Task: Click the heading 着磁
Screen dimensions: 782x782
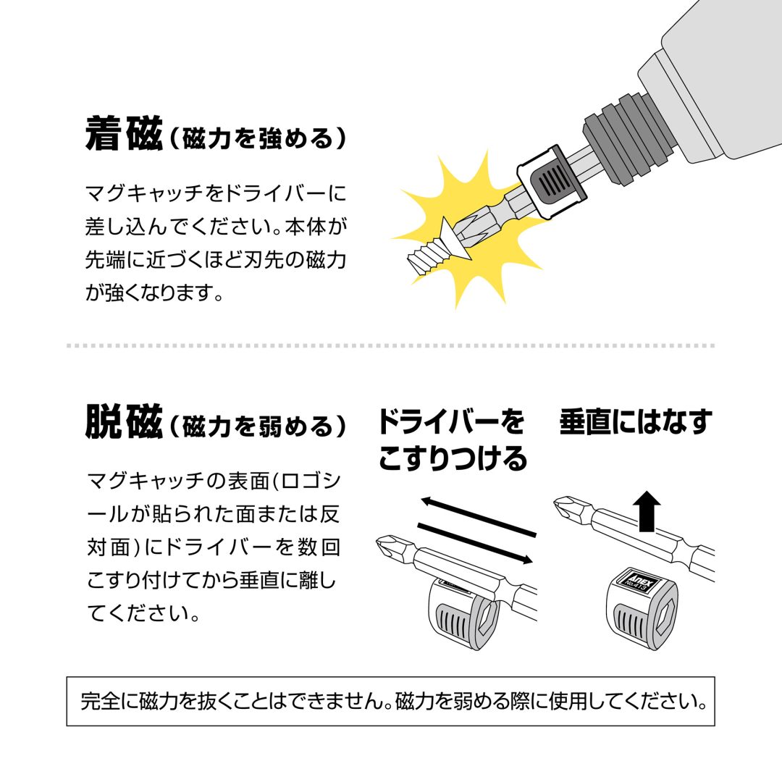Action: tap(123, 135)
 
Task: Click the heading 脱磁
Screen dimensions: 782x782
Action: tap(123, 424)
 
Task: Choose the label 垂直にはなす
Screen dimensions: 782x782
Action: tap(635, 422)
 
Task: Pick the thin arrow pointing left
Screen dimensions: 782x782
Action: tap(478, 516)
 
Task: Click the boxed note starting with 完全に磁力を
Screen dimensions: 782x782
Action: tap(391, 701)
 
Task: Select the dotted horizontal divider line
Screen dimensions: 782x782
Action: tap(391, 345)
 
